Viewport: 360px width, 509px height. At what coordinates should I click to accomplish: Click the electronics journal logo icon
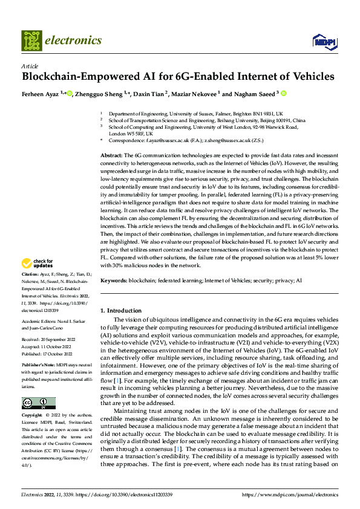click(x=31, y=41)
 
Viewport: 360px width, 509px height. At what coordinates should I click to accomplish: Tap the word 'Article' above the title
click(x=30, y=66)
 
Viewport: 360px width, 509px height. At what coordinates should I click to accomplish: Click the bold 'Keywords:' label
click(x=113, y=280)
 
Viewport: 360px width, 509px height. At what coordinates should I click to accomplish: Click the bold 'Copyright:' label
click(x=32, y=416)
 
